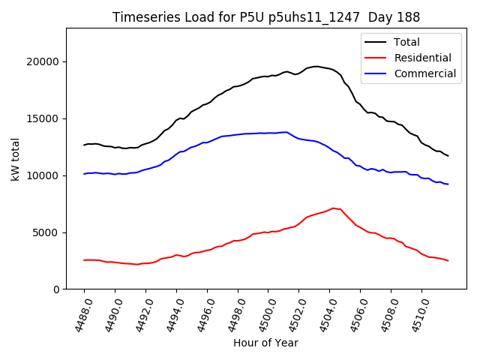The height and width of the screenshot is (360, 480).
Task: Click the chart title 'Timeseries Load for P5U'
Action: click(x=266, y=17)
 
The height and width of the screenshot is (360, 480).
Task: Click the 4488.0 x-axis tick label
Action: click(x=80, y=313)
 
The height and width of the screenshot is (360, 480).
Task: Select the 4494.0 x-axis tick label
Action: click(x=172, y=313)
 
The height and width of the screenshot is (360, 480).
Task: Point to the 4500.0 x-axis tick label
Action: click(x=264, y=313)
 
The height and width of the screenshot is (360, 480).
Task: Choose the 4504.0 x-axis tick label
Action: click(x=325, y=313)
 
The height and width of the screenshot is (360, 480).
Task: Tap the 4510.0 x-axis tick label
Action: click(x=418, y=313)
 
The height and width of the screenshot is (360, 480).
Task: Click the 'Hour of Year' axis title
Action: click(x=265, y=343)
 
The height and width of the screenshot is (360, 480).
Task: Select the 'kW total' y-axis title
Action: click(x=14, y=159)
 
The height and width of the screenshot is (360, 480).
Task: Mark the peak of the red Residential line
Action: click(x=333, y=208)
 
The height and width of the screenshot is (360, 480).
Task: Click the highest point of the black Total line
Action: click(x=316, y=67)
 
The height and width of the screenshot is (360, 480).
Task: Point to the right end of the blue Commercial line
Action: click(x=448, y=184)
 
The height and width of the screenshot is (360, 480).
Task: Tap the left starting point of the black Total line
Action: click(x=84, y=145)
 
